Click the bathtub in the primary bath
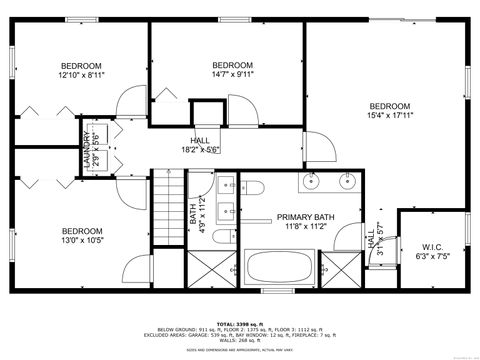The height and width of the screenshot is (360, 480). pyautogui.click(x=281, y=267)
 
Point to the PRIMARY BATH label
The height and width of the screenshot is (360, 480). pyautogui.click(x=306, y=217)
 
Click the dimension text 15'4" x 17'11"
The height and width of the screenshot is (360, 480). pyautogui.click(x=389, y=116)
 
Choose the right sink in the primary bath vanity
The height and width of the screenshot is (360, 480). pyautogui.click(x=349, y=181)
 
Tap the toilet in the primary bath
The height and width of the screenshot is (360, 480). pyautogui.click(x=253, y=188)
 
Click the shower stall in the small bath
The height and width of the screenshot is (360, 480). pyautogui.click(x=207, y=268)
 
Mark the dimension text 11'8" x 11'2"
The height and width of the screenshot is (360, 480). pyautogui.click(x=306, y=227)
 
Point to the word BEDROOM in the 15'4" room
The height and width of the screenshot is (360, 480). pyautogui.click(x=389, y=106)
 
